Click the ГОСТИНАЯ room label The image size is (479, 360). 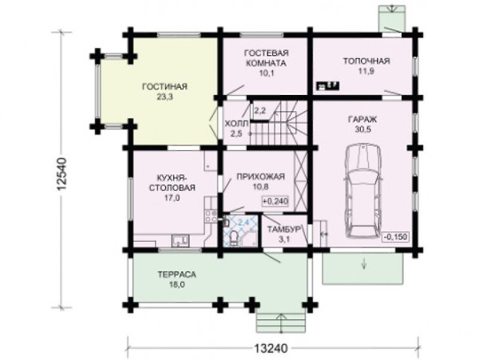(x=164, y=87)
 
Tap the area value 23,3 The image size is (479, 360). (x=164, y=97)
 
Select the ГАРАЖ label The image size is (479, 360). (x=362, y=119)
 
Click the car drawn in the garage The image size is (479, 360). (x=363, y=191)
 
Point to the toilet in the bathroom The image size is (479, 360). (x=234, y=238)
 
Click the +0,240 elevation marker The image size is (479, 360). (x=275, y=201)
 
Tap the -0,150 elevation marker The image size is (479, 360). (x=396, y=236)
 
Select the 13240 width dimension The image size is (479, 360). (x=271, y=348)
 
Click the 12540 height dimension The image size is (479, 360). (x=61, y=174)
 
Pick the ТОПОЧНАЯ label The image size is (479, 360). (x=366, y=61)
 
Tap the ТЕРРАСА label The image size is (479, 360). (x=176, y=275)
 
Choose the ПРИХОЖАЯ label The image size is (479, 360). (x=260, y=176)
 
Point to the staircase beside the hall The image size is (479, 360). (x=278, y=123)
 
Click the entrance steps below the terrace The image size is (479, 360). (x=281, y=322)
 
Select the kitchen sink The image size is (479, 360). (x=180, y=240)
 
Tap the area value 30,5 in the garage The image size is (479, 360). (x=362, y=129)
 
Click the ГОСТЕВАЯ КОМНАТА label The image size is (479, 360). (x=267, y=58)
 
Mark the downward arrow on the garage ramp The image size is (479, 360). (x=364, y=263)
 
